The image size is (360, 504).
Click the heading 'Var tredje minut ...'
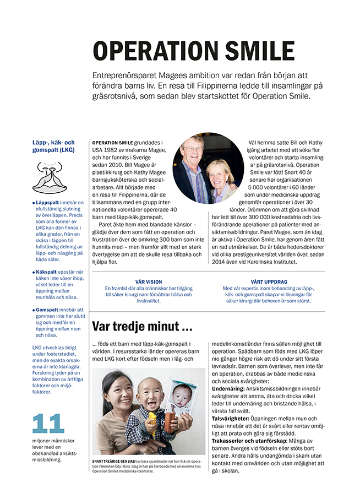click(x=141, y=327)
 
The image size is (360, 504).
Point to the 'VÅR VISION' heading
click(x=148, y=282)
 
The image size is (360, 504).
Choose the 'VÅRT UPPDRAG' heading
click(x=268, y=282)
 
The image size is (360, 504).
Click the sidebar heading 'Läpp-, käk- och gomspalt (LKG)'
click(x=53, y=145)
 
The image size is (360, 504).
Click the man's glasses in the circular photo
click(x=193, y=149)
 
